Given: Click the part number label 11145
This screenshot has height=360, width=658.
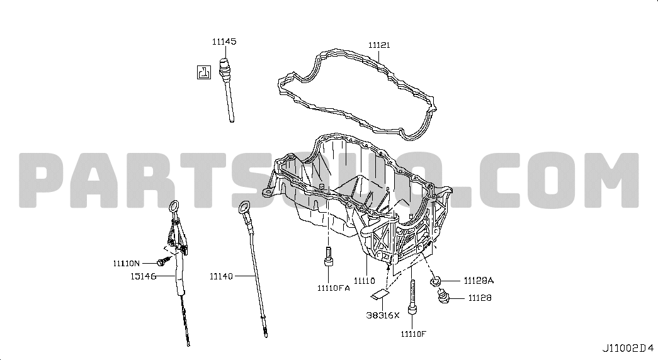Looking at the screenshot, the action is coord(224,42).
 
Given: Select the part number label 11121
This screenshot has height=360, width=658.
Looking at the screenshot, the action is coord(379,45).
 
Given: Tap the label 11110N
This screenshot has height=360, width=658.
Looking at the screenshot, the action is coord(127,264).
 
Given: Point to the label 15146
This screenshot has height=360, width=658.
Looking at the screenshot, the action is coord(143,276).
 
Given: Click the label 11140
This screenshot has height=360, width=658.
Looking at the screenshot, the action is coord(221,276).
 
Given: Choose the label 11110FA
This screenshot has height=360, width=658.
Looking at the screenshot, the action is coord(334,288).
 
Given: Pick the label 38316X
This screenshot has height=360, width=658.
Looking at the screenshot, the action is coord(383,315).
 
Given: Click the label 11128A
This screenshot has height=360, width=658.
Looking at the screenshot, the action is coord(479,281).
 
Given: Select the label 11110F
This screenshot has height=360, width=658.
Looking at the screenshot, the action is coord(413,334).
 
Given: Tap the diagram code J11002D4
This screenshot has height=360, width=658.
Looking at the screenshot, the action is coord(628,348).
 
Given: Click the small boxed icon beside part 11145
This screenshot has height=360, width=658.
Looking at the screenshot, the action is coord(204,72).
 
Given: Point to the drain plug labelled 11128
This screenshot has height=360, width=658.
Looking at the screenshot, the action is coord(443,298).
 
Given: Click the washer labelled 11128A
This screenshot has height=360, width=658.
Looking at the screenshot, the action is coord(436,281).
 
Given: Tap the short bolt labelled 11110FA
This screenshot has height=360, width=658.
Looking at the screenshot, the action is coord(329,257).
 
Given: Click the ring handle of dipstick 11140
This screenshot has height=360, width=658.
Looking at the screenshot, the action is coord(244,207).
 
